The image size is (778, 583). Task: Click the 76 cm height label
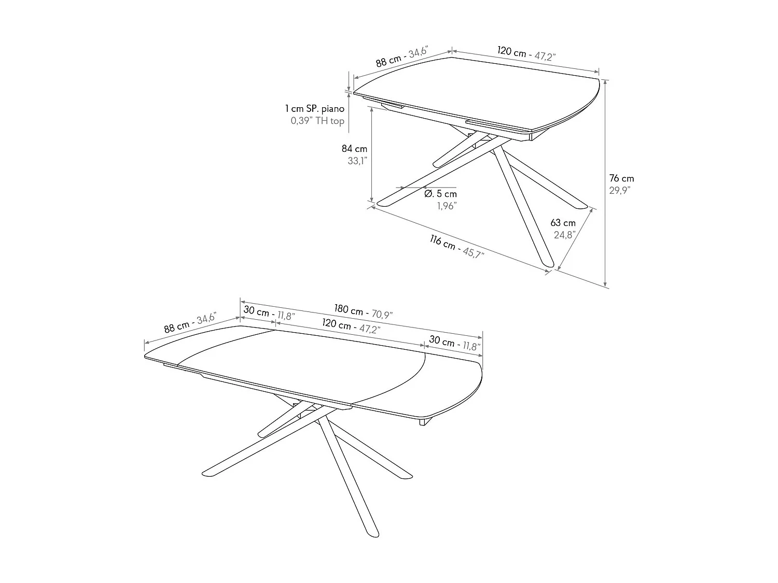[x=621, y=178]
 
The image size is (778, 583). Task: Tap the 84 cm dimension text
[x=354, y=149]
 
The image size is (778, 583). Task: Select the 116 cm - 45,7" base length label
[x=456, y=247]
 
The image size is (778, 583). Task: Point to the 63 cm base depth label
[x=563, y=223]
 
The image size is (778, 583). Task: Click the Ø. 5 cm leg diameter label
[x=440, y=194]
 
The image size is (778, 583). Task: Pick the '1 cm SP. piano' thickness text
[x=314, y=109]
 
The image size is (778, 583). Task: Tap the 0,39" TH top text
[x=317, y=121]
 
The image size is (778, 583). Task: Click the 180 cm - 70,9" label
[x=363, y=311]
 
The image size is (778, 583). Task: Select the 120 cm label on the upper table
[x=526, y=53]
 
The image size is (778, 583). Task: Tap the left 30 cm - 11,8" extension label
[x=269, y=314]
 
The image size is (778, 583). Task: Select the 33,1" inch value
[x=357, y=161]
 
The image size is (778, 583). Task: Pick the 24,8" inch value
[x=565, y=235]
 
